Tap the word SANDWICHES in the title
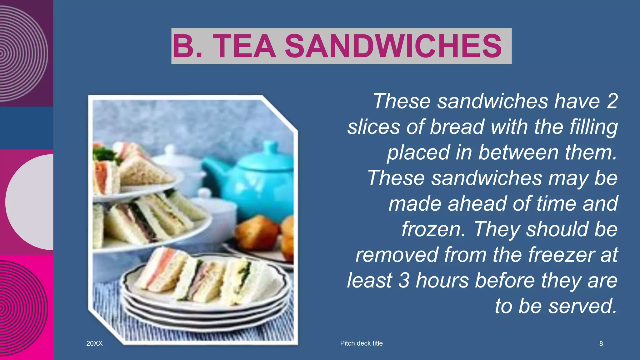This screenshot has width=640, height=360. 393,46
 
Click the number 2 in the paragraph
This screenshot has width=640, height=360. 612,101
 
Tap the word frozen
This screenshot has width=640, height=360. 433,229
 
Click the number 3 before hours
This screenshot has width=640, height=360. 404,280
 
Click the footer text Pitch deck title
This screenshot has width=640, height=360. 361,343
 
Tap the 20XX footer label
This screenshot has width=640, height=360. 94,343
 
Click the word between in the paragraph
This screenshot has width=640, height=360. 519,152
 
